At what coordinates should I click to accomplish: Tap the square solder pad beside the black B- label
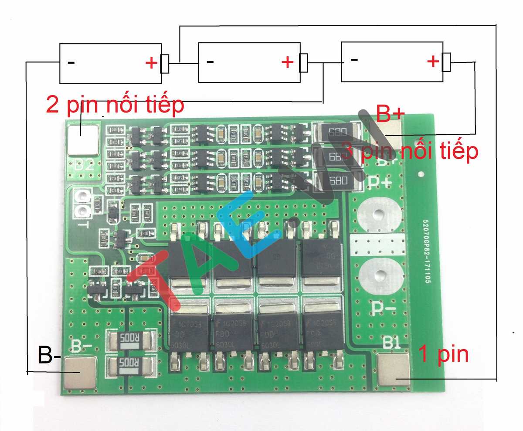[x=80, y=373]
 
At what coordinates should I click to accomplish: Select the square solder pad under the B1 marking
[x=393, y=370]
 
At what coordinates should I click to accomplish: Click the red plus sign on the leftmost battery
[x=151, y=64]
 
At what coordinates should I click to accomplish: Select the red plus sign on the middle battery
[x=287, y=63]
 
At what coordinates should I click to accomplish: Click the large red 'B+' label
[x=391, y=116]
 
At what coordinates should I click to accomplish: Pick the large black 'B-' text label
[x=49, y=355]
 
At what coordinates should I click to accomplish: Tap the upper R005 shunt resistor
[x=130, y=339]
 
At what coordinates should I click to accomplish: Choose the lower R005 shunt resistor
[x=130, y=364]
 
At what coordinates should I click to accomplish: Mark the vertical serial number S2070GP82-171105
[x=424, y=251]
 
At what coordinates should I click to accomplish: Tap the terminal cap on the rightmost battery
[x=446, y=62]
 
